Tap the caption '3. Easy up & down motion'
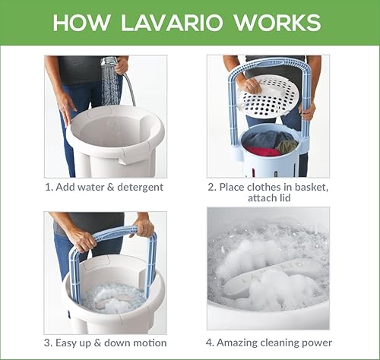106,343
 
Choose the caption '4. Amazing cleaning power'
269,343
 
